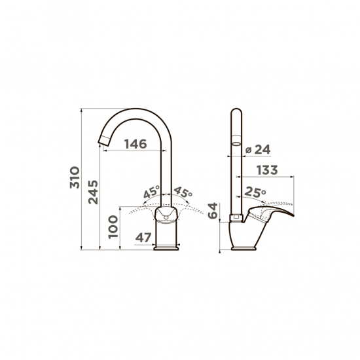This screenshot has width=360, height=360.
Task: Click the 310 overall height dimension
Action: coord(75,177)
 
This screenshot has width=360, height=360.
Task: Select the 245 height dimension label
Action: coord(93,192)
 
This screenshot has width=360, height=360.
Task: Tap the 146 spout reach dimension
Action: coord(135,144)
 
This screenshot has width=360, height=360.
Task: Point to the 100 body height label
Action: coord(113,227)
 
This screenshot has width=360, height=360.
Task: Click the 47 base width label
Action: coord(143,238)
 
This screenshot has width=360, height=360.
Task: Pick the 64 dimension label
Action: coord(213,211)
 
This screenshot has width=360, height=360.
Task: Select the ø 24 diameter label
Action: coord(258,149)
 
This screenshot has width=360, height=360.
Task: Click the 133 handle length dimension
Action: coord(267,170)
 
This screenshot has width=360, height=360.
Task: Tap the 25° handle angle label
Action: coord(255,192)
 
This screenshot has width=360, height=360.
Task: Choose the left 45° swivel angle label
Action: coord(152,192)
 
